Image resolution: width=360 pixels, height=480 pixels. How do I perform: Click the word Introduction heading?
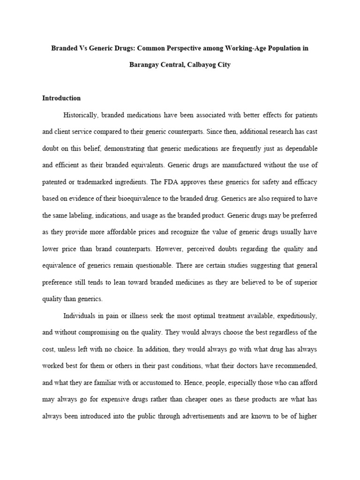[x=61, y=98]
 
